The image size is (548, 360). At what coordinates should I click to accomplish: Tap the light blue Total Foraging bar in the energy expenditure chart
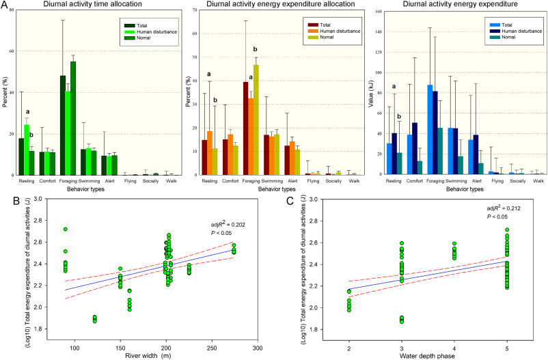tap(411, 130)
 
